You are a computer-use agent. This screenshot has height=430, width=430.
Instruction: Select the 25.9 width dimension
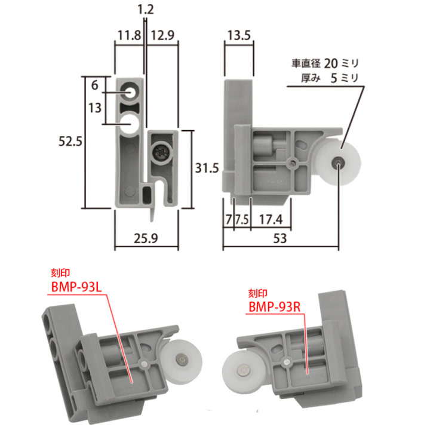146,238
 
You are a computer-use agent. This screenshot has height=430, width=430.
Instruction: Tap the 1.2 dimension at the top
144,9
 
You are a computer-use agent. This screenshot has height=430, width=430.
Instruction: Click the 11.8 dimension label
128,35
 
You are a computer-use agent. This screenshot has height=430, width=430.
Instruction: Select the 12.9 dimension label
162,35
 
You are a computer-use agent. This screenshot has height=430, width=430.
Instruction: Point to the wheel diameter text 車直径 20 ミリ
327,63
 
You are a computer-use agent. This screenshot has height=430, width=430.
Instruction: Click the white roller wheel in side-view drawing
338,162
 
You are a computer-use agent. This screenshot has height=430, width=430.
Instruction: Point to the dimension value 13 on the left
94,107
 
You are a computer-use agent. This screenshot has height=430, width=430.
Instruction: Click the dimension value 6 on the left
94,85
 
